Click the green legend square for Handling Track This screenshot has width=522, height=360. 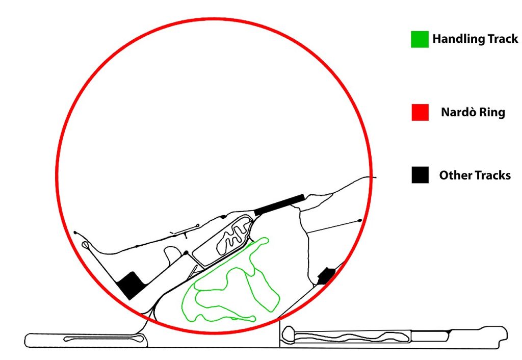coord(420,39)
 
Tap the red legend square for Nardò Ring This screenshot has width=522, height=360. coord(420,112)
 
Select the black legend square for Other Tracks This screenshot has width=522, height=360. coord(420,175)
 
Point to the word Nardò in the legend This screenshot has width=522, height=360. coord(457,112)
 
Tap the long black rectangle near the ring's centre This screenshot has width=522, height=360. coord(279,204)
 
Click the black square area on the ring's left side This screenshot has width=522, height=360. coord(131,286)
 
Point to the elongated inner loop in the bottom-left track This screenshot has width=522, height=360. coord(103,339)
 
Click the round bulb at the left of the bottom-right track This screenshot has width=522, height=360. coord(289,333)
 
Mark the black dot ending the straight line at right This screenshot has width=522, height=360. coord(360,220)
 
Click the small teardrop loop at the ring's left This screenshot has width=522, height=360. coord(86,245)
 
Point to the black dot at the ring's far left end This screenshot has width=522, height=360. coord(75,233)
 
